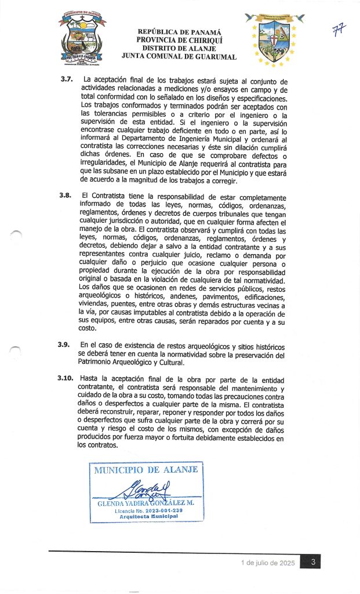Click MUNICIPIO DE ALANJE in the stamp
(146, 470)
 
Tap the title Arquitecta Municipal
(145, 517)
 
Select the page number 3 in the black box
(312, 562)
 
